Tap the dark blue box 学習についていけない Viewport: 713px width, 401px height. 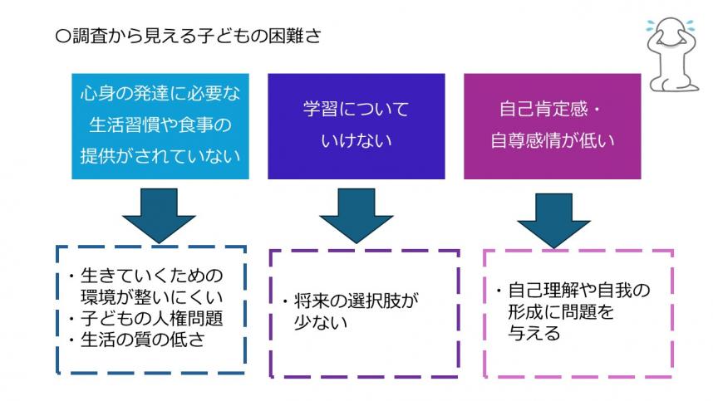(355, 125)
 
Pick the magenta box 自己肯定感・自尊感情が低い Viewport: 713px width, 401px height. (552, 125)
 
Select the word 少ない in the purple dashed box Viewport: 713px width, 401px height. (321, 320)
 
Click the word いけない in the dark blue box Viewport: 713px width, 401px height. (356, 141)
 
